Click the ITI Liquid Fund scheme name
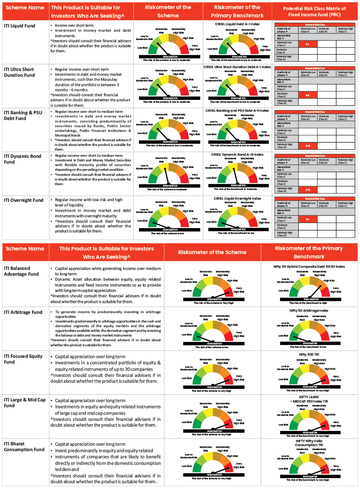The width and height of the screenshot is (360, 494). [x=19, y=26]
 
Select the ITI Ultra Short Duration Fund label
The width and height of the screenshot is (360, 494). [x=19, y=72]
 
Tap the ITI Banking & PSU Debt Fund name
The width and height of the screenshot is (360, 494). [x=23, y=116]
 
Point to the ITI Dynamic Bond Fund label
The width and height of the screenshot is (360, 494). [x=23, y=159]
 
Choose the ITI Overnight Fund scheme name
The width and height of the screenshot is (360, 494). [x=23, y=200]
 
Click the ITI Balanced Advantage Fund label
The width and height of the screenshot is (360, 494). [x=21, y=271]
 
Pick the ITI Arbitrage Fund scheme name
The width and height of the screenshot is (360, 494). [x=23, y=312]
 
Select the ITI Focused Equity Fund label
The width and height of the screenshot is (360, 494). [x=23, y=359]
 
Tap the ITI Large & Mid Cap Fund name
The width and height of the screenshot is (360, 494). [x=25, y=403]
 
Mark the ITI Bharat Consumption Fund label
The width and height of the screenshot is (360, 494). [x=24, y=447]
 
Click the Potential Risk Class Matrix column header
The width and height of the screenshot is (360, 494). [x=314, y=12]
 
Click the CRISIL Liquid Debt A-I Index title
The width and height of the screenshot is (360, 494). [x=237, y=24]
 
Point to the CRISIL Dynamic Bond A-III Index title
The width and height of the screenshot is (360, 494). [x=237, y=155]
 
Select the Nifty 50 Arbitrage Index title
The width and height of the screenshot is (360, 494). [x=309, y=311]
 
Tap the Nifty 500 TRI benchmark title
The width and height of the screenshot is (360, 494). [x=309, y=355]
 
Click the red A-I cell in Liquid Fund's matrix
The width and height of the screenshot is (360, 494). [x=307, y=44]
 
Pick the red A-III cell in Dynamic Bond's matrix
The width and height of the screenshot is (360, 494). [x=307, y=190]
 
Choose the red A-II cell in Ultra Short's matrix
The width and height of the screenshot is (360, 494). [x=307, y=95]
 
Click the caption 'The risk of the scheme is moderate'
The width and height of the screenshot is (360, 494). [x=167, y=190]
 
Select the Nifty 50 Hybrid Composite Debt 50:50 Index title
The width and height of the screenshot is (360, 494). [x=309, y=267]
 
